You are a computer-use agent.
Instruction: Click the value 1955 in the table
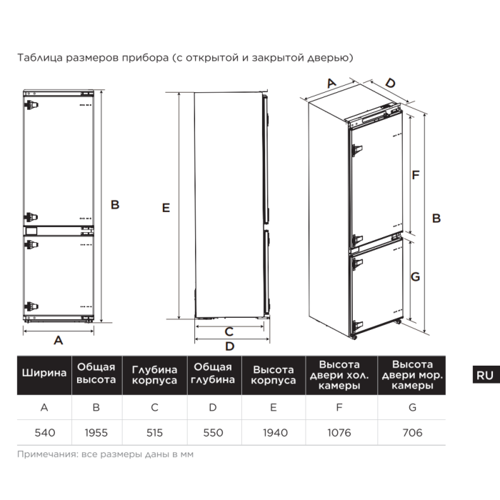click(x=96, y=432)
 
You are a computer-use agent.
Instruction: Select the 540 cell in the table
click(x=44, y=432)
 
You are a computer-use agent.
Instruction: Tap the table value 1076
click(x=339, y=432)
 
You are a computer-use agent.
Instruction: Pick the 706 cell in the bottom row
click(x=411, y=432)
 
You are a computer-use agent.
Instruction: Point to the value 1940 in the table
click(x=274, y=432)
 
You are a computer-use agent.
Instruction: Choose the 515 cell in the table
click(x=154, y=432)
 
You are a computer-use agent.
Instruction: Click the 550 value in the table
click(x=212, y=432)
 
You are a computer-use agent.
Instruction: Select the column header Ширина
click(x=44, y=374)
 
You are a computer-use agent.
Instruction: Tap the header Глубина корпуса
click(x=154, y=375)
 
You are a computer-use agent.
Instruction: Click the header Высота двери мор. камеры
click(x=411, y=375)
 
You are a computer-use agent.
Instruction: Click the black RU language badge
click(x=484, y=375)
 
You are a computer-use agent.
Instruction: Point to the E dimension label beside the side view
click(x=166, y=208)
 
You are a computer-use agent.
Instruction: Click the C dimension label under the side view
click(x=229, y=331)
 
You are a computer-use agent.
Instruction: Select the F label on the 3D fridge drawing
click(x=415, y=174)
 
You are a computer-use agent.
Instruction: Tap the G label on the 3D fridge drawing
click(x=415, y=278)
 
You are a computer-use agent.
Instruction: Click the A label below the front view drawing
click(x=59, y=341)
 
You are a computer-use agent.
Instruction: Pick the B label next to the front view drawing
click(x=114, y=204)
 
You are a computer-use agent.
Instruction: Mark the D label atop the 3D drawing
click(x=389, y=84)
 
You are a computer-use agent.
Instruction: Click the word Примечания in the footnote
click(x=45, y=454)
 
